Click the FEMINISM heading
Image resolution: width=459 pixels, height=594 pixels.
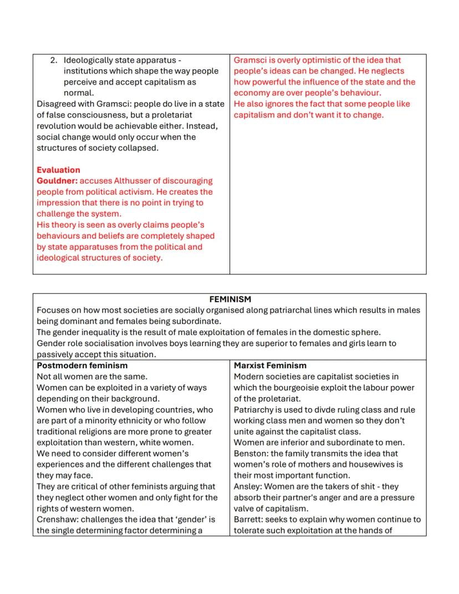229,299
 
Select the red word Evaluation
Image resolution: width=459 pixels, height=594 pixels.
58,170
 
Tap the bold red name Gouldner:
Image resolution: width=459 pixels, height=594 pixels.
57,181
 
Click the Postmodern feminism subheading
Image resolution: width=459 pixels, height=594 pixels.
82,365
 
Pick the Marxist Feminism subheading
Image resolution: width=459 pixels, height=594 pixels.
270,365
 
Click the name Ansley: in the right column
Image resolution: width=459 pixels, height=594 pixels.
248,486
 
